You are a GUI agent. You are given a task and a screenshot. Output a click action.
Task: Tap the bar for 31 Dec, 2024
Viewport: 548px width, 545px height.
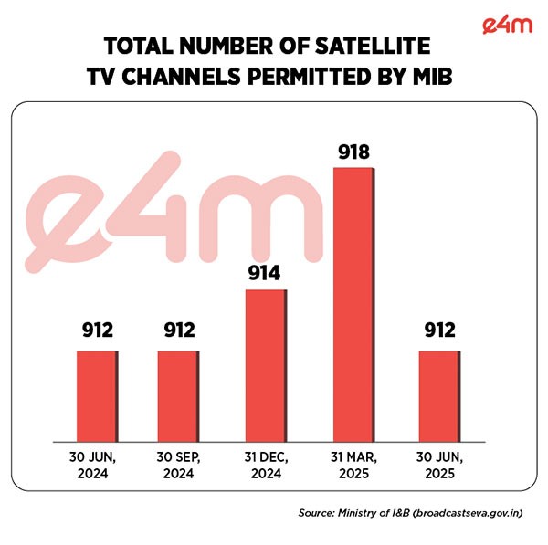click(265, 365)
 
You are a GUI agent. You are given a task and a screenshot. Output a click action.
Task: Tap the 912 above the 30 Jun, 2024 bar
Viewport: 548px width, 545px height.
click(97, 331)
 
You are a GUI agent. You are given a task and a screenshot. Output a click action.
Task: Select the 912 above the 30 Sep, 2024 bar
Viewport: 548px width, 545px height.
click(179, 331)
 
